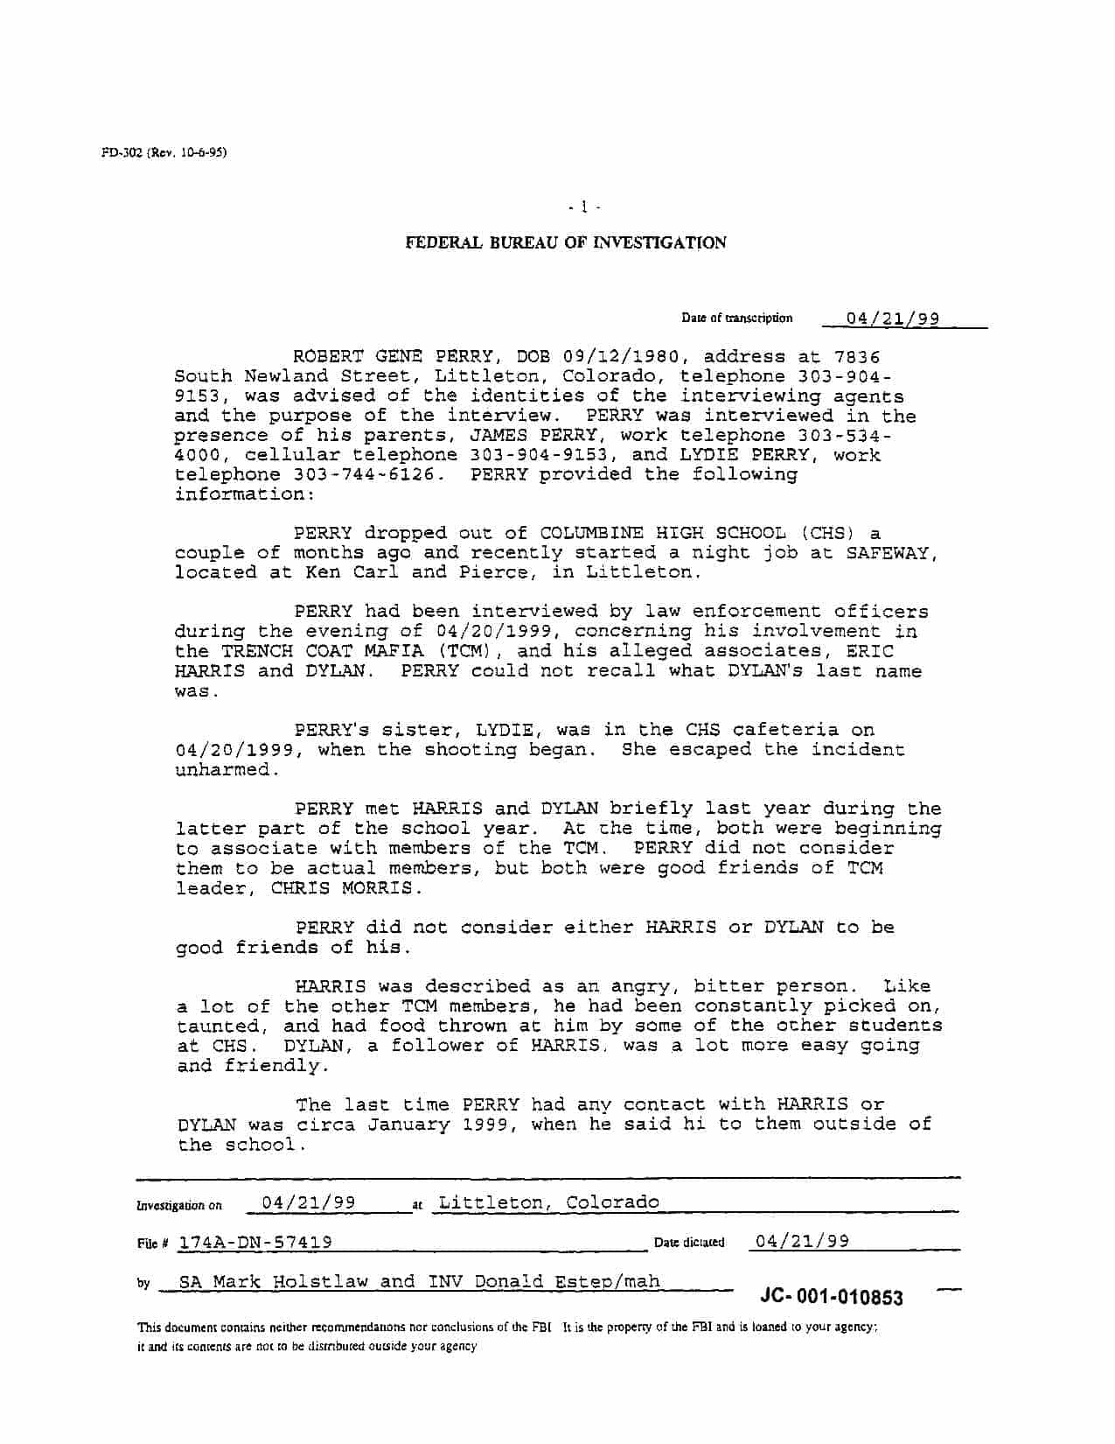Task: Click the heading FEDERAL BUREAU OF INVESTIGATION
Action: click(565, 242)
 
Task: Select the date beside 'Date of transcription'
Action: click(892, 319)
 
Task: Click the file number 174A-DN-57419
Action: click(255, 1243)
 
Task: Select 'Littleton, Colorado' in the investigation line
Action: click(549, 1202)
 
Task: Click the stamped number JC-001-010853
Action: click(832, 1297)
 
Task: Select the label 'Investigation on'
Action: click(179, 1206)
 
